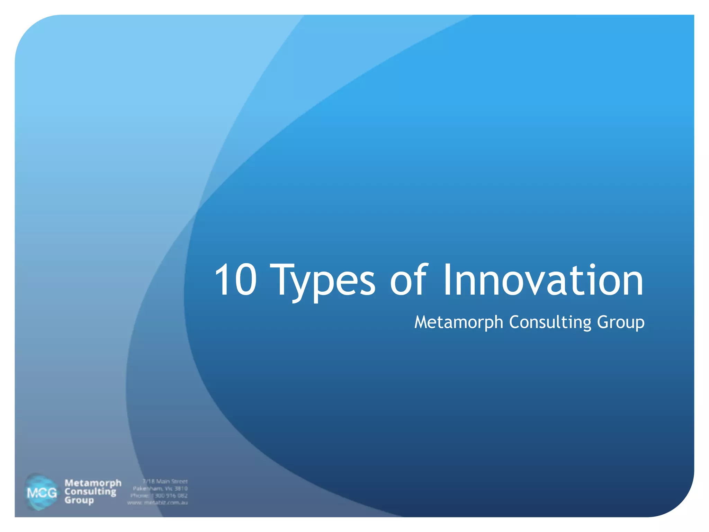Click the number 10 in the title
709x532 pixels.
[x=235, y=280]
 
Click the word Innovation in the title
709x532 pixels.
[x=543, y=280]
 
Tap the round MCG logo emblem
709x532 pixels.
[x=42, y=492]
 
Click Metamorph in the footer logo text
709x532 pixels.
[x=93, y=483]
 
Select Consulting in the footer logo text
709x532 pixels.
[x=90, y=491]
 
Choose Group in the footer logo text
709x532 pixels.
[x=79, y=500]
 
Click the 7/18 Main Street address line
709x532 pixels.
[x=165, y=481]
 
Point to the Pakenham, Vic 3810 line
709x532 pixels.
[x=160, y=488]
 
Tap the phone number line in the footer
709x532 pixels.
[x=159, y=496]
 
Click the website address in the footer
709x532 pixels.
[x=158, y=503]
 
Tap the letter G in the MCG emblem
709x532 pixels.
[x=51, y=493]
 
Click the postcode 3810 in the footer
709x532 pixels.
[x=181, y=488]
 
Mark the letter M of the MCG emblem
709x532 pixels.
[x=32, y=493]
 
